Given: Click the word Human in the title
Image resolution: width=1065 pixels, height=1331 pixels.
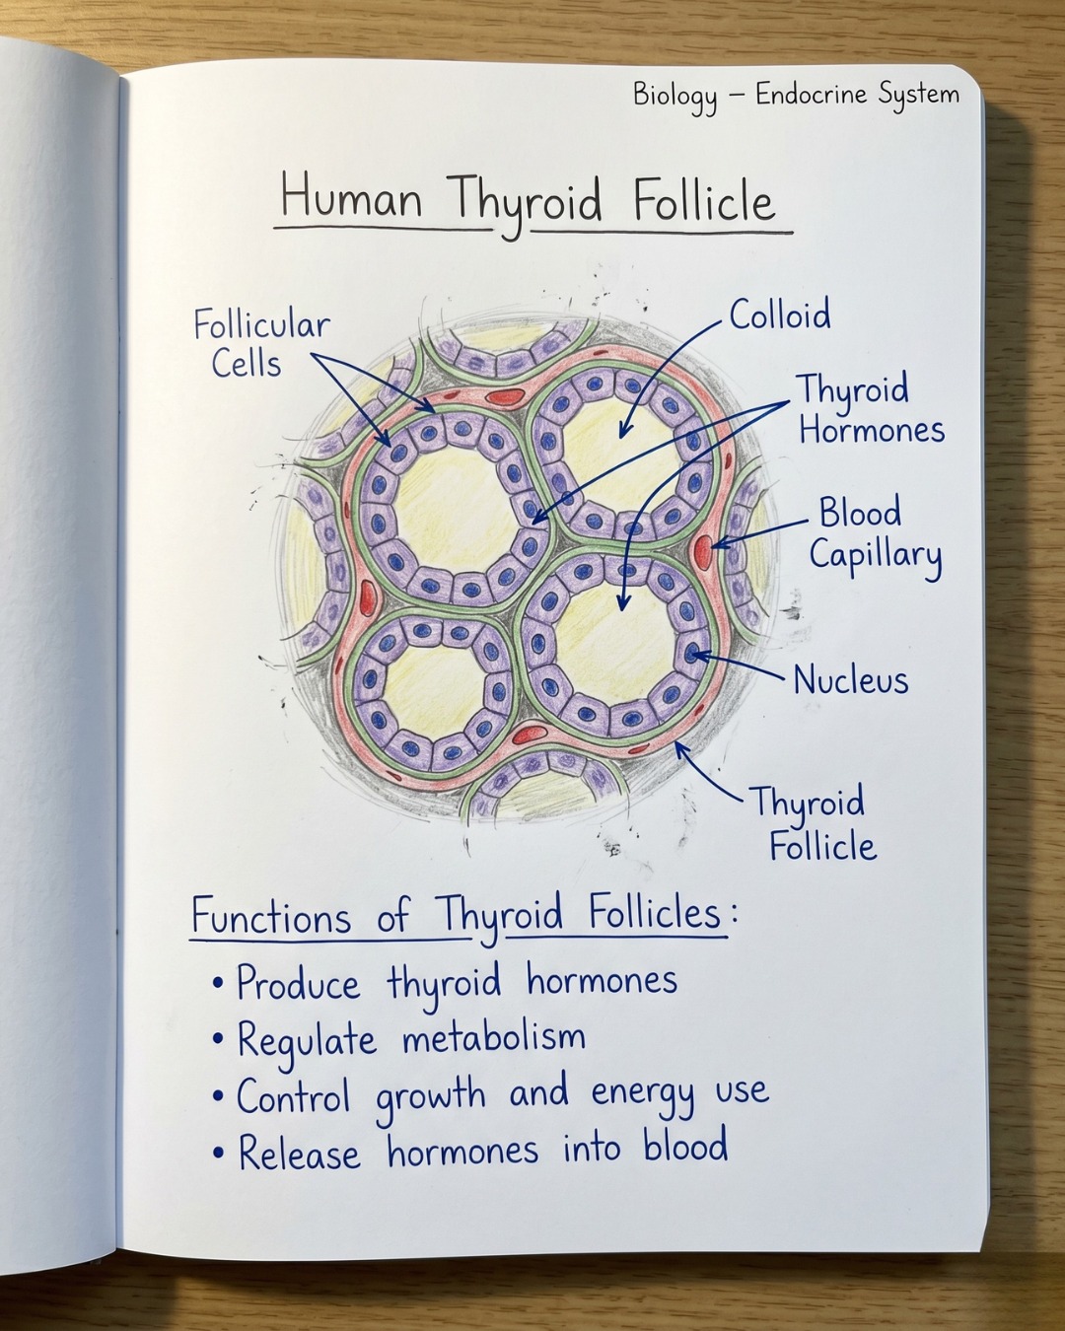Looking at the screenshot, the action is (x=351, y=199).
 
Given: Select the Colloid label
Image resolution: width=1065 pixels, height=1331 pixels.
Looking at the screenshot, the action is (x=780, y=315).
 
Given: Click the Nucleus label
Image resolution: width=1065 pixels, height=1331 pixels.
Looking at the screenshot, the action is (x=851, y=679).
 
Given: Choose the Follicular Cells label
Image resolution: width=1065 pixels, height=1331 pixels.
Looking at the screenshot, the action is (x=261, y=344).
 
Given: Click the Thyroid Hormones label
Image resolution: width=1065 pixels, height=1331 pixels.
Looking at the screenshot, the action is (x=872, y=409).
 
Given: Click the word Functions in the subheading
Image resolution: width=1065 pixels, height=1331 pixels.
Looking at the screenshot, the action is (x=271, y=917).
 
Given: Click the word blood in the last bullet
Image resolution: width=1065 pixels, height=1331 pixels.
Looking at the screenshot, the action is (x=685, y=1146).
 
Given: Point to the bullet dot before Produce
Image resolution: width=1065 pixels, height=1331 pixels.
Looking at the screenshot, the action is (x=217, y=983).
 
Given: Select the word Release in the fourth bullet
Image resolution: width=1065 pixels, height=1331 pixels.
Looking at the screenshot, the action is (x=300, y=1150).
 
